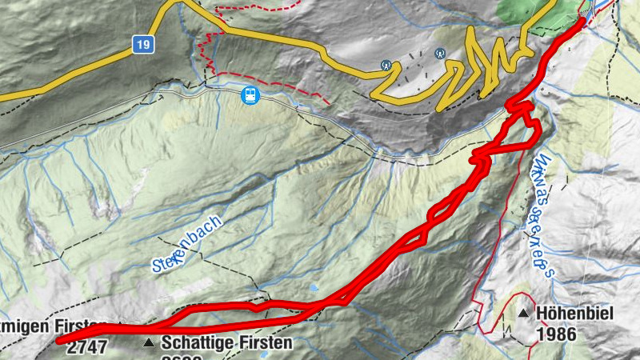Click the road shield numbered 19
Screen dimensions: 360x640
[143, 46]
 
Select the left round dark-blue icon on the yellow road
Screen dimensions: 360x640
[386, 64]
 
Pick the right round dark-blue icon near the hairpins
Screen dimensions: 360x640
[439, 54]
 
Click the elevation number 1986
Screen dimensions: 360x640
[556, 334]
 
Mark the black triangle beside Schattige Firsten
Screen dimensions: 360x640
[147, 343]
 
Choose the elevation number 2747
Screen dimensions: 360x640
[87, 348]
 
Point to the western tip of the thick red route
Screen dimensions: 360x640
[60, 340]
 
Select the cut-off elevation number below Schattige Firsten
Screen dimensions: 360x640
[180, 357]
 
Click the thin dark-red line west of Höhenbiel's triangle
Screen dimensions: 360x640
[482, 320]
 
